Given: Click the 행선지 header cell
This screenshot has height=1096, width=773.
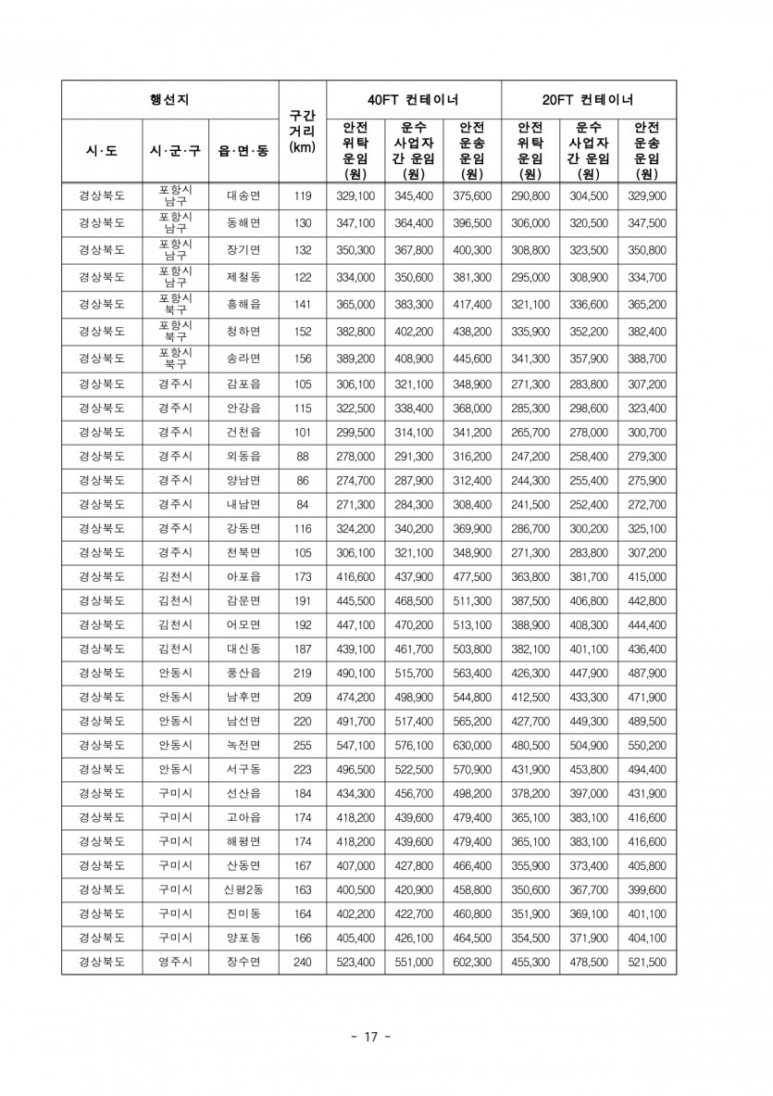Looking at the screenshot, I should click(x=169, y=100).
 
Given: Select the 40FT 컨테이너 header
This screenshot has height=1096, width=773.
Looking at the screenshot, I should click(x=413, y=100).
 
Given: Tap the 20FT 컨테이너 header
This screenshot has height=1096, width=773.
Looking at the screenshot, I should click(x=588, y=100).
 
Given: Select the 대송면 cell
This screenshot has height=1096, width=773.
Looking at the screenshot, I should click(x=243, y=196).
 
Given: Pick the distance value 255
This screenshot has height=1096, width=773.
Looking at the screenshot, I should click(x=302, y=745).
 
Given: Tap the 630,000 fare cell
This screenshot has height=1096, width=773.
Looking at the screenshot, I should click(x=471, y=745).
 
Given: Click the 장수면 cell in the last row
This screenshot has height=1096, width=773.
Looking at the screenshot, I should click(x=243, y=963).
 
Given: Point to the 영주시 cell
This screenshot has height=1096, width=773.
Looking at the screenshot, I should click(x=174, y=963).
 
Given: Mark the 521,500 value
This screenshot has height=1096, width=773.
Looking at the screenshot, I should click(x=646, y=963).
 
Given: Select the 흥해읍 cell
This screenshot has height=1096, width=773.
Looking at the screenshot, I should click(x=243, y=304).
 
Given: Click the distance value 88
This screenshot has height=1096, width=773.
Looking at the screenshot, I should click(x=302, y=456).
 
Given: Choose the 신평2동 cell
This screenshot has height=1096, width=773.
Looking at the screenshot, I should click(x=243, y=889).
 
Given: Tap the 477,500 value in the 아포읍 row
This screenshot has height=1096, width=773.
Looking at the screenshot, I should click(x=471, y=576).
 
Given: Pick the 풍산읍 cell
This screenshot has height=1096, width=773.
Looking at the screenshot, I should click(x=243, y=673).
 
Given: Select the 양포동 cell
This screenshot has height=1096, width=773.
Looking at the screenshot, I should click(x=243, y=938).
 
